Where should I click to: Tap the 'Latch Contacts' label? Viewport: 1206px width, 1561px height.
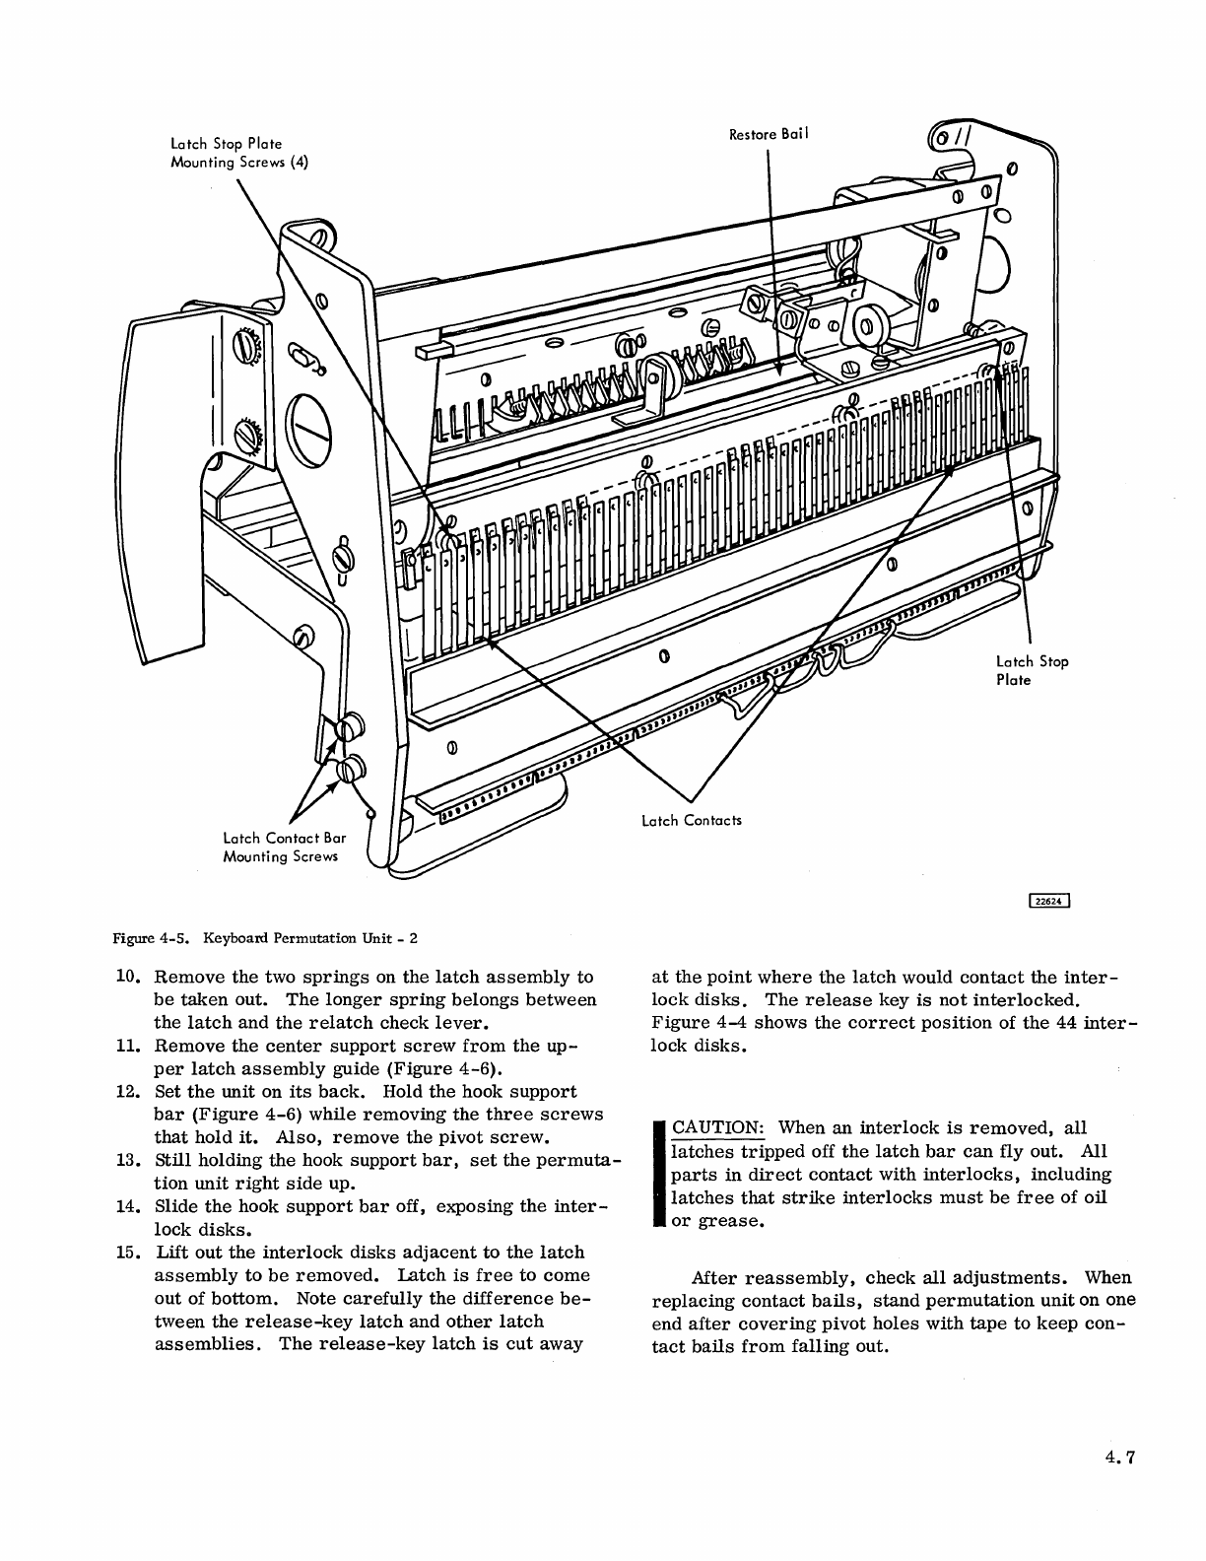pos(691,821)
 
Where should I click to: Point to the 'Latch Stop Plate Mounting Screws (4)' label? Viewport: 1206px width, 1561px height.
pos(239,154)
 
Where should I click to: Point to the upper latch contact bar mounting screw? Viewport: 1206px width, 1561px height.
pos(347,730)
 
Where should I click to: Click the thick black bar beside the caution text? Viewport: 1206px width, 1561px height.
pos(659,1173)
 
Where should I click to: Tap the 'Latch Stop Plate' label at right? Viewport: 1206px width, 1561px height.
pos(1031,670)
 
